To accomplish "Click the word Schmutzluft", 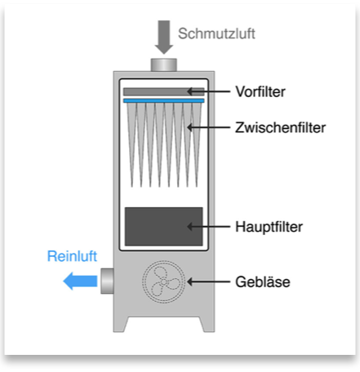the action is (x=216, y=33).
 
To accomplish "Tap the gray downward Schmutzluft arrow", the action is (x=164, y=38).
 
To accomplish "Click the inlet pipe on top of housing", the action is (x=164, y=64).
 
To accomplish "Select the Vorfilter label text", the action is (x=260, y=91).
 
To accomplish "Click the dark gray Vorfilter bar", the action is (x=163, y=91).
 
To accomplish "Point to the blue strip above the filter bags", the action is (x=163, y=101).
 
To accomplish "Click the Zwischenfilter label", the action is (x=280, y=127).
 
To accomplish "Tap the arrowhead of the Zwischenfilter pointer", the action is (x=189, y=127).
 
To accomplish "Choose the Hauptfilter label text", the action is (x=269, y=227).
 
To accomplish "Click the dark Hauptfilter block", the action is (x=163, y=227).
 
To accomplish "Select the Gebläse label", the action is (x=263, y=281).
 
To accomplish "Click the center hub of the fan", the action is (x=163, y=281).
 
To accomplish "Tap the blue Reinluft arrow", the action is (x=80, y=281).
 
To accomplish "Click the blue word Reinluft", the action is (x=72, y=256).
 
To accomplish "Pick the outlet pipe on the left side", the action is (x=107, y=281).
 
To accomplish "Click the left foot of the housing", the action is (x=120, y=324).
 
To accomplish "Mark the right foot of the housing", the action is (x=207, y=324).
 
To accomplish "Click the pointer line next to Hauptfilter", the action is (x=209, y=226).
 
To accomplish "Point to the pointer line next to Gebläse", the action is (x=209, y=281).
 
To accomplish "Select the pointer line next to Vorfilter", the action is (x=209, y=91).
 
